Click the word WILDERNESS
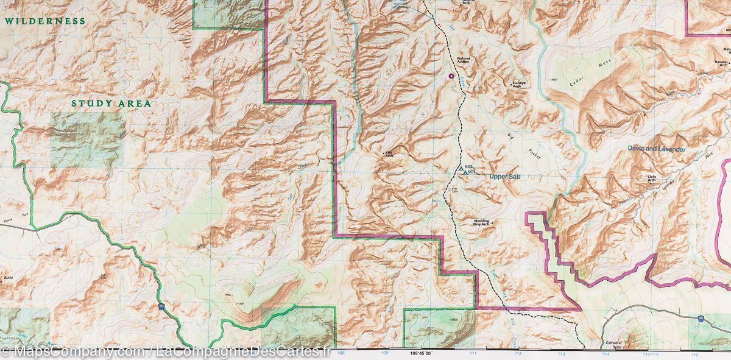tap(44, 21)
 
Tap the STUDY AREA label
tap(111, 104)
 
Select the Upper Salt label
tap(507, 177)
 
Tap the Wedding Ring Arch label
tap(481, 222)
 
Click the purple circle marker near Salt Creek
tap(450, 76)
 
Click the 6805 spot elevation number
tap(453, 319)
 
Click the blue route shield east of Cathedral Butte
tap(701, 319)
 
